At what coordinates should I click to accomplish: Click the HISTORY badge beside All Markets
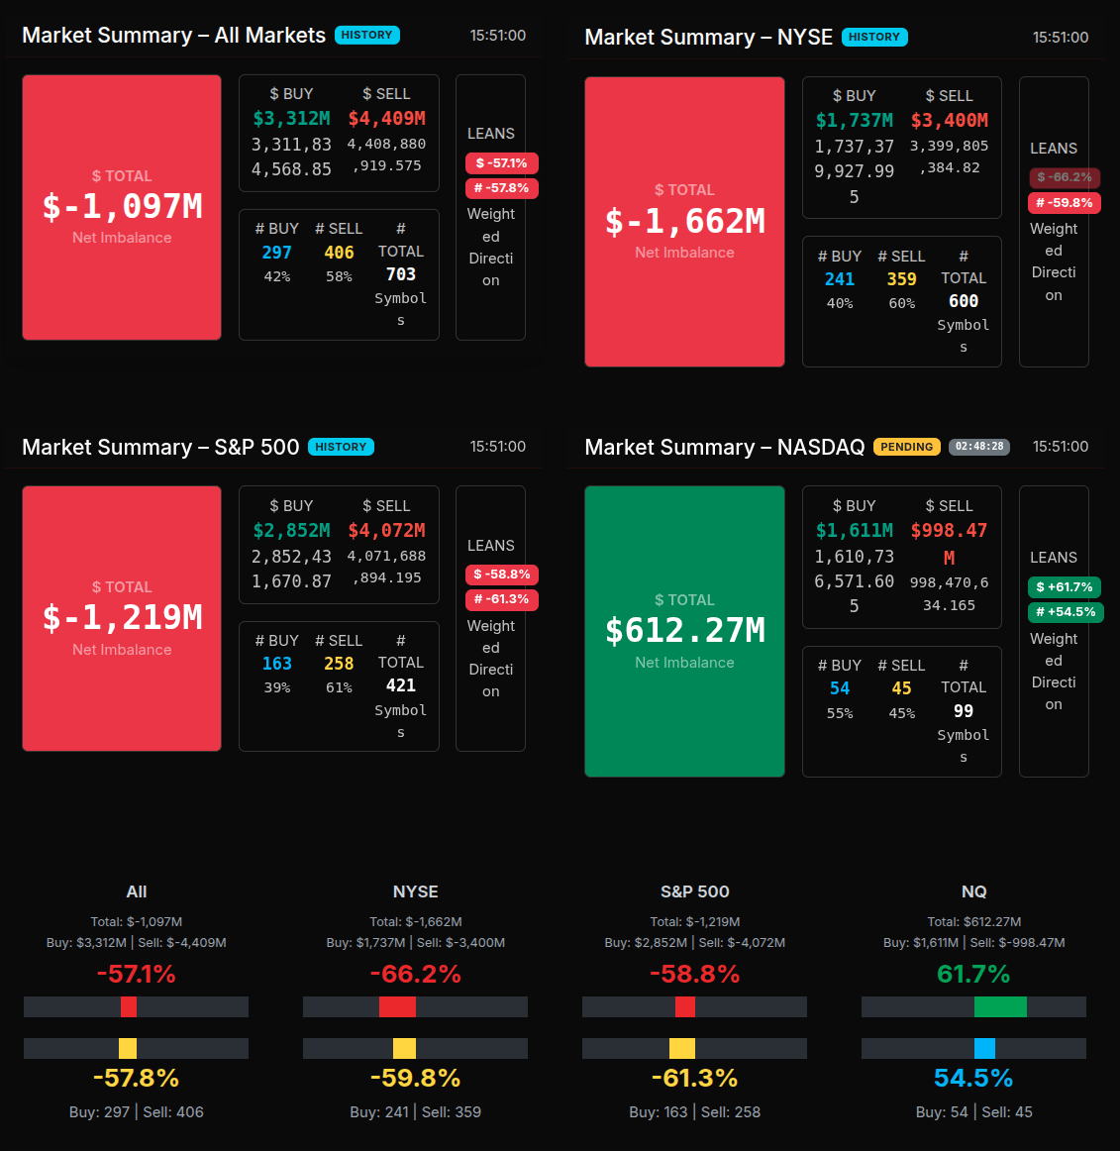(366, 35)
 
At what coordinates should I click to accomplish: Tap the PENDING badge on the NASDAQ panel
(906, 447)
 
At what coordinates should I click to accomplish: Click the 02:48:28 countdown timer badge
(978, 447)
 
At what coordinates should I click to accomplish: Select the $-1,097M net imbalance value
(122, 206)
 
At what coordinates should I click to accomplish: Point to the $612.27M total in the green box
(684, 630)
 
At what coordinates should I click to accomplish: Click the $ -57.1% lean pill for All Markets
(501, 163)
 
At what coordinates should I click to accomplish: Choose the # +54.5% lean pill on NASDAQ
(1066, 612)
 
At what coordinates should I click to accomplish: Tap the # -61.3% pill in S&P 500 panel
(501, 599)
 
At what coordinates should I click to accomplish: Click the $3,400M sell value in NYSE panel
(949, 121)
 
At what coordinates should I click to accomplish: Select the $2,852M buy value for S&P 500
(291, 531)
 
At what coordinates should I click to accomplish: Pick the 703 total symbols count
(400, 274)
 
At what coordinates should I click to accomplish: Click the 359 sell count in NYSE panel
(901, 279)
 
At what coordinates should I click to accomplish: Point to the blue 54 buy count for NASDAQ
(840, 688)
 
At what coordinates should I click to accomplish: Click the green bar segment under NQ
(1000, 1007)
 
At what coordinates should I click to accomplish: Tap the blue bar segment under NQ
(984, 1048)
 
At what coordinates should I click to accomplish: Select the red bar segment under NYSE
(397, 1007)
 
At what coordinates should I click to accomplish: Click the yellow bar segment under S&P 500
(682, 1048)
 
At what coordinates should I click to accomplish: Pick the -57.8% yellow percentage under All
(136, 1078)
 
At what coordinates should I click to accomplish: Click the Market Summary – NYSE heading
(708, 38)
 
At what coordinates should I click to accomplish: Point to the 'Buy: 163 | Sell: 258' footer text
(694, 1112)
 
